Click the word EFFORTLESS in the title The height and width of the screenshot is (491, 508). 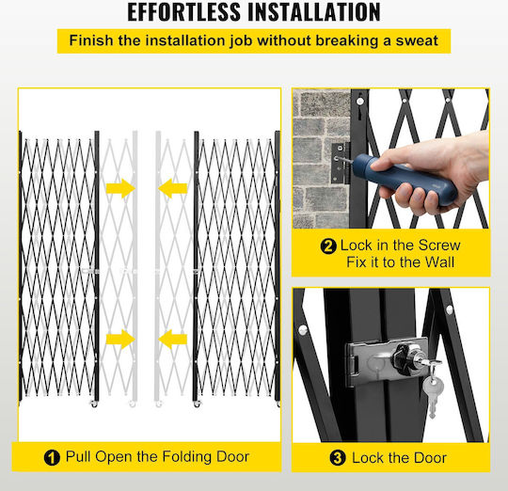pos(184,12)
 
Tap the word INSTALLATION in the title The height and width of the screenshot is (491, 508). pos(314,12)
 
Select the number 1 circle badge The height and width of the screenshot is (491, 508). pos(52,458)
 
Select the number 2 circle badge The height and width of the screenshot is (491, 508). pos(328,246)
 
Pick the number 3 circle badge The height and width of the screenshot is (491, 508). pos(338,458)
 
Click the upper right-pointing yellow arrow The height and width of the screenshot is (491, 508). pos(120,188)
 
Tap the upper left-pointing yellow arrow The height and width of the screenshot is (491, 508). pos(173,188)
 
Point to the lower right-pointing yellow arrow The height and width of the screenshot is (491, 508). pos(120,340)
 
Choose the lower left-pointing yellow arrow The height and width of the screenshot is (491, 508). pos(173,340)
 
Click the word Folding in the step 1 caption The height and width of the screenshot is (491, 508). pos(186,457)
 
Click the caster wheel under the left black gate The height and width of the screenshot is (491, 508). pos(94,404)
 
